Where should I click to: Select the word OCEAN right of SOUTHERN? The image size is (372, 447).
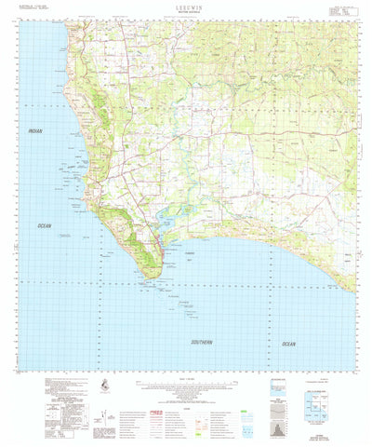289,344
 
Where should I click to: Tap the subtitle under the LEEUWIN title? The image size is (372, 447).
185,12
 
